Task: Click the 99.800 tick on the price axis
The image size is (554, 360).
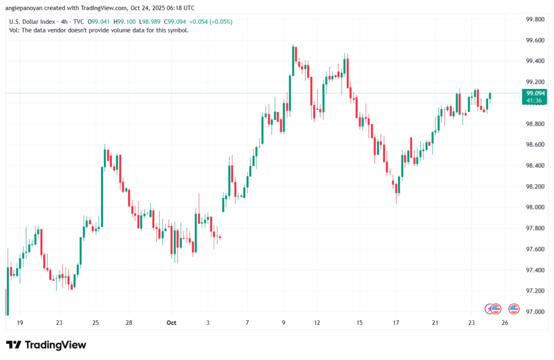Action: tap(535, 19)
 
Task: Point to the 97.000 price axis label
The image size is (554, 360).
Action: tap(535, 312)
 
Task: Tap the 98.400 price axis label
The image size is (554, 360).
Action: tap(535, 166)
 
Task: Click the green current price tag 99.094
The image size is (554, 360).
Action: tap(535, 93)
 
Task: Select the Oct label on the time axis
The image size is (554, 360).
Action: tap(171, 323)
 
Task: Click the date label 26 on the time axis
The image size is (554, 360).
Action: tap(505, 323)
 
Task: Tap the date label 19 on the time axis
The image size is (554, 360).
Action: tap(20, 323)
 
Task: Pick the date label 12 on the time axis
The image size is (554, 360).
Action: tap(317, 323)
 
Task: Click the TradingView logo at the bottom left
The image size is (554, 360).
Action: tap(46, 345)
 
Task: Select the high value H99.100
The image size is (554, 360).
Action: tap(128, 22)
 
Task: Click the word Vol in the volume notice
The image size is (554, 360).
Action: tap(14, 30)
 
